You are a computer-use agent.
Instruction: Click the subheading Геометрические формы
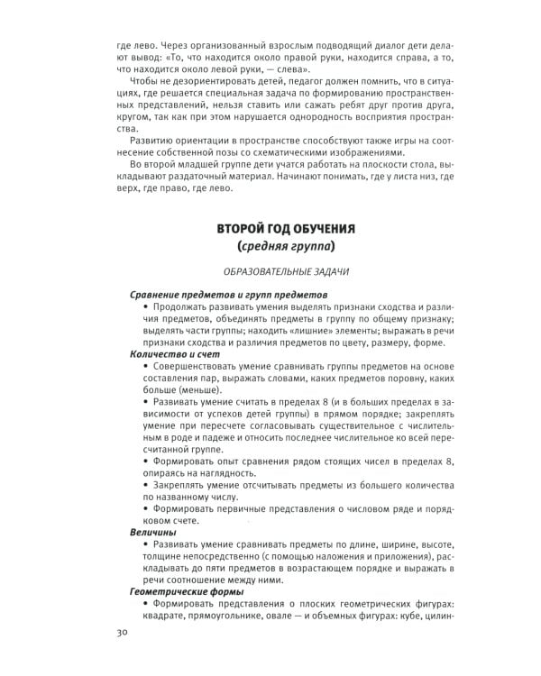point(180,591)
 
